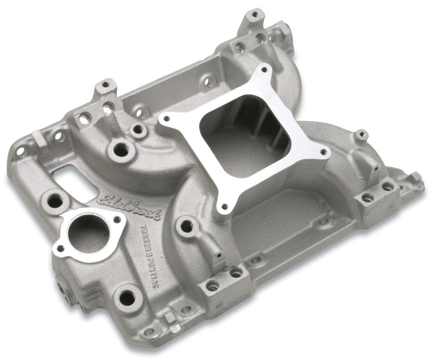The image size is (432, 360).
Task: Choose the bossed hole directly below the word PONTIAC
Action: pyautogui.click(x=127, y=296)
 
